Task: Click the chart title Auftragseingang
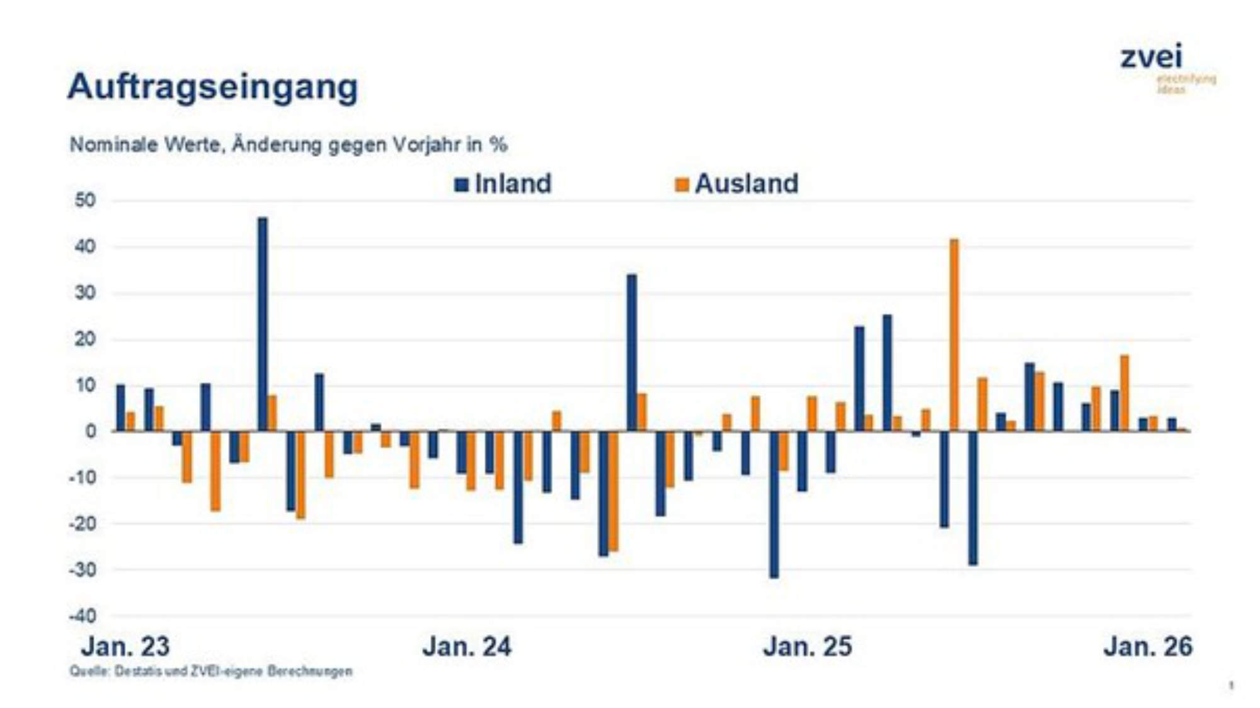tap(212, 86)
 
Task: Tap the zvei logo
tap(1152, 57)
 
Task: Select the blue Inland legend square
tap(462, 185)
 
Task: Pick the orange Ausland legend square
tap(682, 185)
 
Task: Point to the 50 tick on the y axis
tap(85, 201)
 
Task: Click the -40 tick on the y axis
tap(83, 616)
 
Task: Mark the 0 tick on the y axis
tap(91, 431)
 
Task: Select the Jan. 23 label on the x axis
tap(125, 647)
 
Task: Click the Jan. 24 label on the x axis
tap(467, 647)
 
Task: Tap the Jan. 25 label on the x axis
tap(807, 647)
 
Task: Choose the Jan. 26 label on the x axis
tap(1148, 647)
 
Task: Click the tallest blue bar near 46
tap(263, 324)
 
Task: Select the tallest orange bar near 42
tap(954, 335)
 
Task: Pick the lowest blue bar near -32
tap(774, 504)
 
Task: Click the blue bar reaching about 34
tap(631, 353)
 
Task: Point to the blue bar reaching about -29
tap(973, 498)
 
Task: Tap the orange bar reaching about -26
tap(614, 491)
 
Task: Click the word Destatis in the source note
tap(138, 671)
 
